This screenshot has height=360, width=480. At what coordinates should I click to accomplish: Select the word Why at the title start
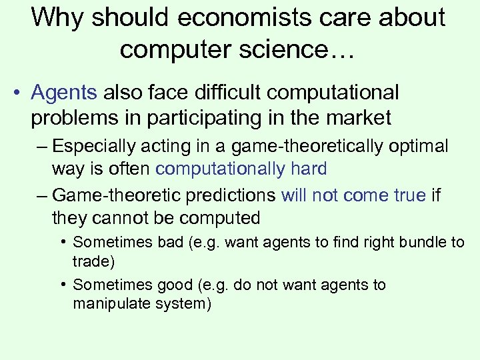pos(58,18)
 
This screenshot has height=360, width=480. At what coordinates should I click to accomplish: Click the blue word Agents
pos(64,93)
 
